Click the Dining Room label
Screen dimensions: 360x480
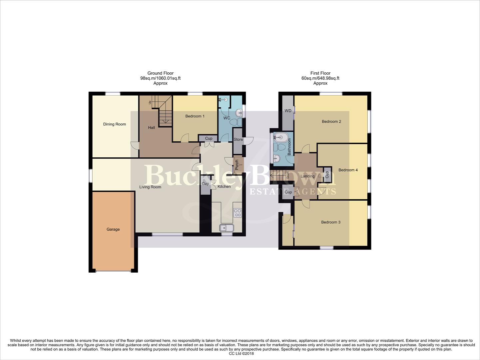[114, 124]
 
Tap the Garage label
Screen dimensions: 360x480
[113, 229]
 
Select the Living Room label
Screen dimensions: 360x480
[150, 187]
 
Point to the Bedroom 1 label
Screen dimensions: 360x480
[195, 116]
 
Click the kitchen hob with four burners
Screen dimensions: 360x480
[238, 213]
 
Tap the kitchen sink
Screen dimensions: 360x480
[227, 228]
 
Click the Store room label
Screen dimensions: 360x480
[238, 140]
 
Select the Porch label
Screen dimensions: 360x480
[237, 165]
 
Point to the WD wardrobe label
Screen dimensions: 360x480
[288, 111]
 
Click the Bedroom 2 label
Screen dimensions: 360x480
[331, 122]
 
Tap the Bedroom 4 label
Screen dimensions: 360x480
[348, 170]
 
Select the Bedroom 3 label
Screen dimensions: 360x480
[330, 222]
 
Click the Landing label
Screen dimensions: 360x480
[307, 176]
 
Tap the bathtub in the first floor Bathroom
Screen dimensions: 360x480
[282, 137]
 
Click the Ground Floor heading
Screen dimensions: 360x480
[160, 73]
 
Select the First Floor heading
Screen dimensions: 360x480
[320, 73]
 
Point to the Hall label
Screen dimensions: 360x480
[151, 128]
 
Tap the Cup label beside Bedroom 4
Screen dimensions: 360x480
[327, 175]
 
